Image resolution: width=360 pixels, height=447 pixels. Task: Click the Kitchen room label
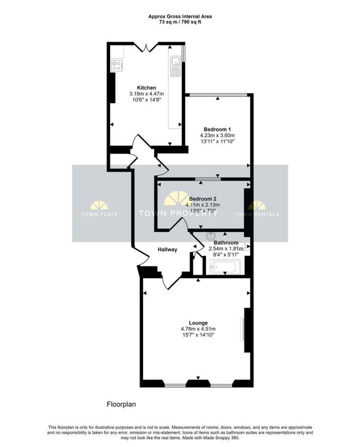pos(147,87)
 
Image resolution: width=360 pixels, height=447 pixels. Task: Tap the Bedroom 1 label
pos(218,129)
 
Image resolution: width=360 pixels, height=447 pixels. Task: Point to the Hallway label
pos(167,249)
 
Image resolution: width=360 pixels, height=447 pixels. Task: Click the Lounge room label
pos(198,323)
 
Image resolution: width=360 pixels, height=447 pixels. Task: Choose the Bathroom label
pos(226,243)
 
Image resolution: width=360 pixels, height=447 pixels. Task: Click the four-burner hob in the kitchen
pos(117,66)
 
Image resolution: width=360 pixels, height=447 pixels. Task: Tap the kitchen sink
pos(176,66)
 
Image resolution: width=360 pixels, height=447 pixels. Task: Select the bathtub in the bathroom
pos(225,267)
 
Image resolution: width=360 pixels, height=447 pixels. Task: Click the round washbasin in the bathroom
pos(211,236)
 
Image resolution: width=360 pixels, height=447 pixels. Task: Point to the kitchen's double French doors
pos(146,47)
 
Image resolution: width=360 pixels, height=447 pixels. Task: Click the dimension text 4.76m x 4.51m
pos(198,329)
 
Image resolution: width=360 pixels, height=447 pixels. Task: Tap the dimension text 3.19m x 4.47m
pos(147,93)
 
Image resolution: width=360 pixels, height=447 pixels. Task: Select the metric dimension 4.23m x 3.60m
pos(218,135)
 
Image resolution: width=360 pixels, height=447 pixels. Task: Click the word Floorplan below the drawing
pos(121,404)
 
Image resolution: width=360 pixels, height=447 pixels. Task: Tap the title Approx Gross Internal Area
pos(180,17)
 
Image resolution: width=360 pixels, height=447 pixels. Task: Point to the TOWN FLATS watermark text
pos(99,214)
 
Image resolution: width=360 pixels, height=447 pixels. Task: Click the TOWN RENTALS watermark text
pos(257,214)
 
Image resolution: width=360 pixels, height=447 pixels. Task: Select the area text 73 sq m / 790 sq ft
pos(180,22)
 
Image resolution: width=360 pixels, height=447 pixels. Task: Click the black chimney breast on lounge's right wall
pos(247,330)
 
